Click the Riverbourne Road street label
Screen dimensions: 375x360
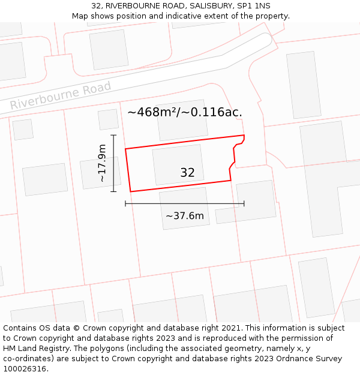point(61,96)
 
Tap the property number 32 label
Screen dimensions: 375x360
point(187,173)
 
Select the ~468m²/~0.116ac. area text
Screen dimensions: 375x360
point(185,112)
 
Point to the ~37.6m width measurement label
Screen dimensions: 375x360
point(185,216)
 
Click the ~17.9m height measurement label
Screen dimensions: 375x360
point(102,163)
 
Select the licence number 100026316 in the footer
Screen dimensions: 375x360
point(25,368)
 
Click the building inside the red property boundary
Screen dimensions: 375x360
point(178,164)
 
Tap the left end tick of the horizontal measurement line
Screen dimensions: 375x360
point(125,203)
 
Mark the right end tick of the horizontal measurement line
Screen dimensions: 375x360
point(244,203)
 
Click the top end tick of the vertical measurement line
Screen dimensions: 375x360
point(113,135)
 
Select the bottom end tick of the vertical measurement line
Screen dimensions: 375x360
point(113,191)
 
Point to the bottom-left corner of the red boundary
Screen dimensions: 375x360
point(130,191)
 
